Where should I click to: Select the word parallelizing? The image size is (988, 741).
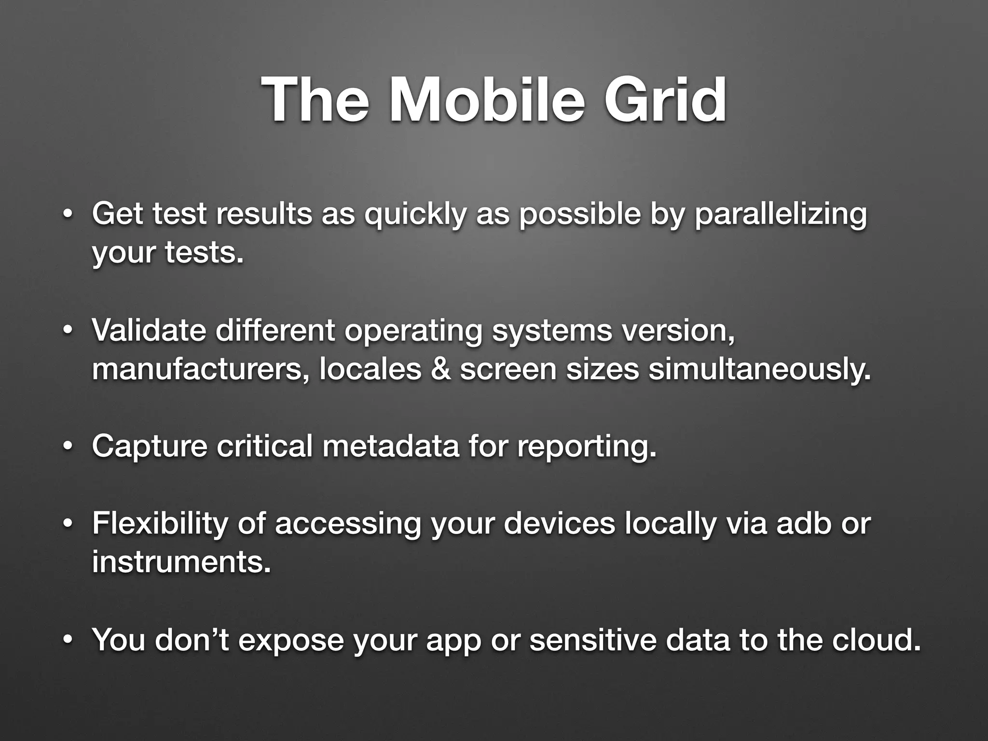pyautogui.click(x=780, y=215)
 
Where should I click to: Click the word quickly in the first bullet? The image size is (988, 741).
pyautogui.click(x=415, y=215)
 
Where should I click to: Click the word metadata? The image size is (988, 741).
pyautogui.click(x=391, y=446)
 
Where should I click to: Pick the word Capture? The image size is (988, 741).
pyautogui.click(x=150, y=446)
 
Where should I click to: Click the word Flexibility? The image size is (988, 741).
pyautogui.click(x=159, y=524)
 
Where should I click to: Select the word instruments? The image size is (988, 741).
pyautogui.click(x=181, y=563)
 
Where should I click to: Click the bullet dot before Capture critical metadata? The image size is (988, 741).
pyautogui.click(x=68, y=447)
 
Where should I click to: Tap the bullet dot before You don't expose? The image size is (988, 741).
pyautogui.click(x=68, y=640)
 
